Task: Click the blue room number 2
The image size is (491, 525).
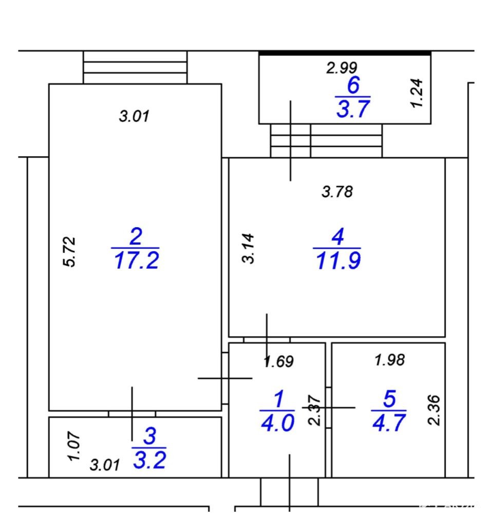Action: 136,236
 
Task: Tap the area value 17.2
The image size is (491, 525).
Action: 136,260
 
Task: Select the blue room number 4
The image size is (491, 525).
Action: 338,236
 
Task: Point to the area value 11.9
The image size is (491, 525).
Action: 338,260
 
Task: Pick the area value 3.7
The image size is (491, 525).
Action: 353,109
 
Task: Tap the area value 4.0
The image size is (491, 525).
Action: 278,422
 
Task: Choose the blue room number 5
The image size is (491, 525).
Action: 389,398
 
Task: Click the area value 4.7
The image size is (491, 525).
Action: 389,422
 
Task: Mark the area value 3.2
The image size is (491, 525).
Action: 149,459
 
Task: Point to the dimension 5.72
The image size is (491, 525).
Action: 69,251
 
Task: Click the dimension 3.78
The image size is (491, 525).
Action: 337,192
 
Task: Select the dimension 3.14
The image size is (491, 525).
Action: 249,249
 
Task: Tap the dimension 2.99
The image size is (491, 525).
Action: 342,68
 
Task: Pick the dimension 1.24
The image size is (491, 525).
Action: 417,93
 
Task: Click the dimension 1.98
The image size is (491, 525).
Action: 390,360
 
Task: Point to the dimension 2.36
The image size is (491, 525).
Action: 434,410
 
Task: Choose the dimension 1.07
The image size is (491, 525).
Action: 74,447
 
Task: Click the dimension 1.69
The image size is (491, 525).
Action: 279,361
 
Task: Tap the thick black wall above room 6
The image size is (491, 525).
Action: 345,53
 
